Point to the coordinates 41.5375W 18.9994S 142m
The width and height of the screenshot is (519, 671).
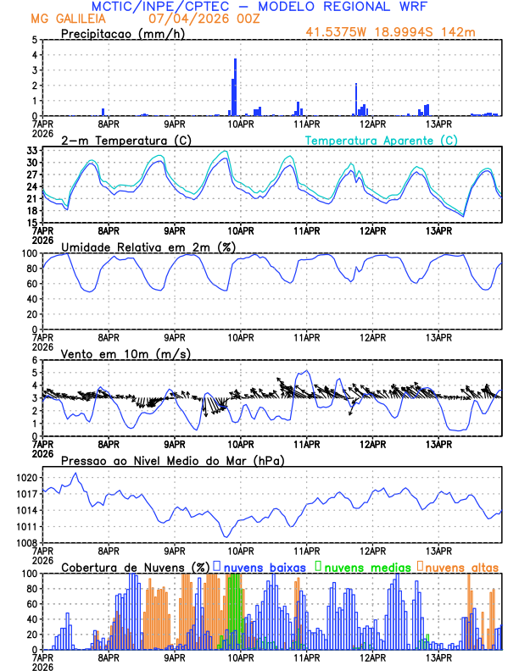click(x=402, y=32)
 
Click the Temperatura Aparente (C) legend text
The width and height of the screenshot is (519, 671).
click(x=381, y=140)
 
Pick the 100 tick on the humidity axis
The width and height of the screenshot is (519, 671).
click(x=28, y=253)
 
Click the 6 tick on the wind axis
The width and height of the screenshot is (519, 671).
click(x=35, y=360)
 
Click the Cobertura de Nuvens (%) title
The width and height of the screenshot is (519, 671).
click(x=135, y=566)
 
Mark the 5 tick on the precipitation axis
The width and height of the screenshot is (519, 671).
click(x=35, y=40)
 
